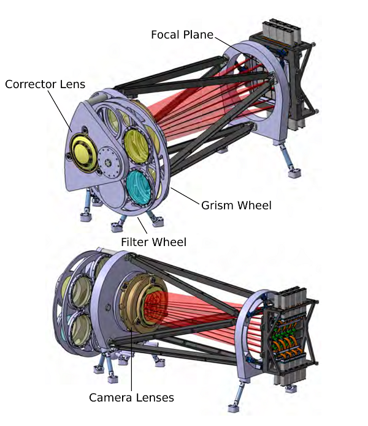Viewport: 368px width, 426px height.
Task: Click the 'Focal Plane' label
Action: point(182,35)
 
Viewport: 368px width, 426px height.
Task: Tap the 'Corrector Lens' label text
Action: point(45,84)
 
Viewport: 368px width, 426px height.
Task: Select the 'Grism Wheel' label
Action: point(236,206)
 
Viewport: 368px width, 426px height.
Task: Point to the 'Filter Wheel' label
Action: point(154,242)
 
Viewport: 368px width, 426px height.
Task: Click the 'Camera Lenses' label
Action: point(131,397)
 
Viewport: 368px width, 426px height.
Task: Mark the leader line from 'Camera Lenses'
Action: point(131,359)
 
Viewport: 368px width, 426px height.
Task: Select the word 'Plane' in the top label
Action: point(198,35)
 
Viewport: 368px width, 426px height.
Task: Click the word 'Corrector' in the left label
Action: point(31,84)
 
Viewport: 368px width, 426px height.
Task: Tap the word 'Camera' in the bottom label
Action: point(111,397)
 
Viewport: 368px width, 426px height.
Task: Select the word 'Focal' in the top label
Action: point(166,35)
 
